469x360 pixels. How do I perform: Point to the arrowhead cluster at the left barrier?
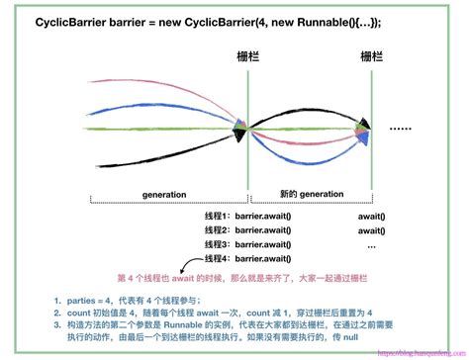tap(240, 129)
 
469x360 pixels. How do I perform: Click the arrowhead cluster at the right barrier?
tap(365, 129)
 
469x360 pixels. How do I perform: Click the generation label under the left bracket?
tap(165, 196)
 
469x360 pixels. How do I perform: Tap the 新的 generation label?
tap(298, 196)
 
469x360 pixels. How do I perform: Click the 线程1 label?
tap(216, 216)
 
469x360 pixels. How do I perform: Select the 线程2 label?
tap(216, 229)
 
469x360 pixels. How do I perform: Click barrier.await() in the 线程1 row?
tap(265, 216)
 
